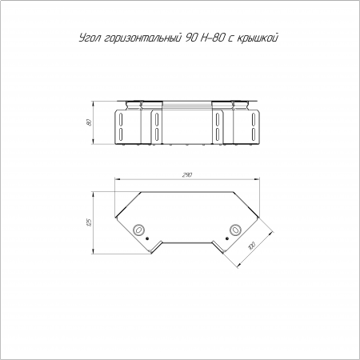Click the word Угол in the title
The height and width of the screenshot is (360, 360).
click(x=90, y=38)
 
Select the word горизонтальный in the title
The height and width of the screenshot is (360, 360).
click(x=141, y=38)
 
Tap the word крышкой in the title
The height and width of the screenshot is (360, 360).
click(x=257, y=38)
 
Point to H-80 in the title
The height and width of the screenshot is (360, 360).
click(x=210, y=38)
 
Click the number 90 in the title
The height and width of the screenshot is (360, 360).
click(x=190, y=38)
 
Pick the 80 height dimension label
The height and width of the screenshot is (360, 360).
click(x=90, y=122)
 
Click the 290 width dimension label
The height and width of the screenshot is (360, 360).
click(x=187, y=175)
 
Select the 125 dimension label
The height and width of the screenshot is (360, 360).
click(x=90, y=222)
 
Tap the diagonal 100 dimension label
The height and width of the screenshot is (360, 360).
click(x=252, y=245)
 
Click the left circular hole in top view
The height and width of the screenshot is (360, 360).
click(x=138, y=229)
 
